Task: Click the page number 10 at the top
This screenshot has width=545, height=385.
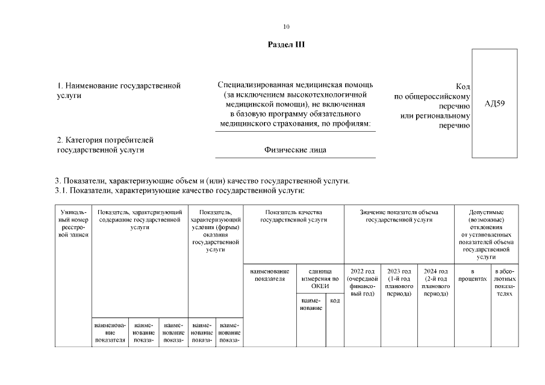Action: [x=286, y=26]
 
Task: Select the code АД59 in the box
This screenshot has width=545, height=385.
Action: [x=494, y=103]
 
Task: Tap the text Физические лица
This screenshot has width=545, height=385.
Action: [x=295, y=150]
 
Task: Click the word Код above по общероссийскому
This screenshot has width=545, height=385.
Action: [x=463, y=87]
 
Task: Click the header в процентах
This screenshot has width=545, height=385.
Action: [x=473, y=276]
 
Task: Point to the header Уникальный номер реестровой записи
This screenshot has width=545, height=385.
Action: [x=73, y=223]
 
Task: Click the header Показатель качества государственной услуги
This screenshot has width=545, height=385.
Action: [x=293, y=216]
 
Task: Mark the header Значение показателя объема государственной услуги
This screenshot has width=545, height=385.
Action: [x=399, y=216]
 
